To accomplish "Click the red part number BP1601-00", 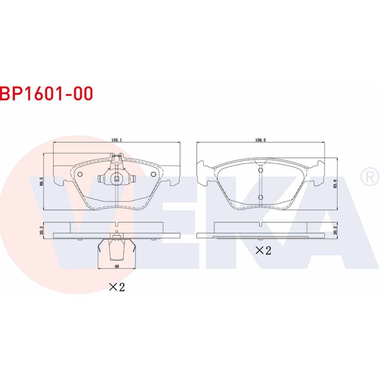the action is [46, 93].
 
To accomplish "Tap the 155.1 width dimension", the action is [116, 140].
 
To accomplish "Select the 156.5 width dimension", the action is [261, 140].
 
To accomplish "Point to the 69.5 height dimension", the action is [41, 181].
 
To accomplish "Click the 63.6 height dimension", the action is [335, 184].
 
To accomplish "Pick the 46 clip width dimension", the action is [117, 266].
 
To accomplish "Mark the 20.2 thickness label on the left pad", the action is [41, 231].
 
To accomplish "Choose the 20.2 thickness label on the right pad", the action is [335, 231].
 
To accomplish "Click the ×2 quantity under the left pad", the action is [117, 287].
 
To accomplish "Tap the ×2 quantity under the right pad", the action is [263, 251].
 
